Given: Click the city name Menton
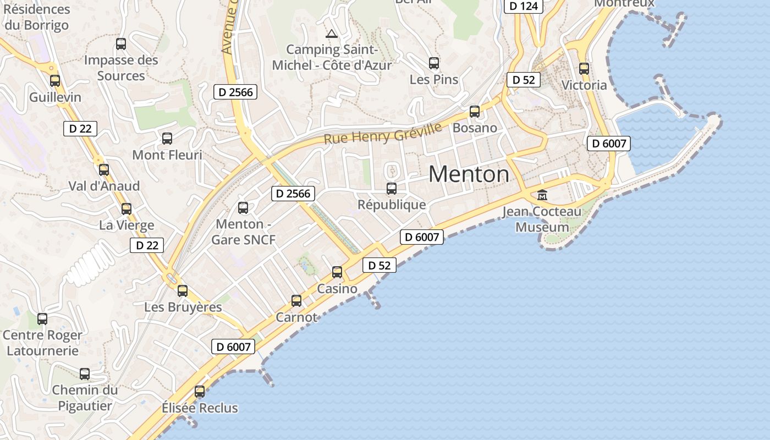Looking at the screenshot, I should click(x=469, y=174).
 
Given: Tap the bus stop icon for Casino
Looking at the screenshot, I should click(x=337, y=272).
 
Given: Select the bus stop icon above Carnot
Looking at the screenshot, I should click(x=296, y=301).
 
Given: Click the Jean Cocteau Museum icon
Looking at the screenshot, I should click(x=542, y=195).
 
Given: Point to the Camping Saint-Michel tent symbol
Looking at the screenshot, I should click(x=332, y=34).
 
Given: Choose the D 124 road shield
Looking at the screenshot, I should click(x=524, y=7).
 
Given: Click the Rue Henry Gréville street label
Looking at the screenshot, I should click(x=383, y=134).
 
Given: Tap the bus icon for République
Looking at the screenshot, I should click(x=392, y=189).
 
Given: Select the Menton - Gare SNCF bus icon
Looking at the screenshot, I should click(x=243, y=208).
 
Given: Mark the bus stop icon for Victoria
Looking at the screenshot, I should click(x=584, y=69).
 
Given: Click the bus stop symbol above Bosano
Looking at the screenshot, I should click(x=475, y=112).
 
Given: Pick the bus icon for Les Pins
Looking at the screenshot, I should click(x=434, y=63).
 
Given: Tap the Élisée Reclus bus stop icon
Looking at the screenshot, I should click(x=200, y=392).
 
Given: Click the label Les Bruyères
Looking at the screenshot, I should click(x=183, y=307).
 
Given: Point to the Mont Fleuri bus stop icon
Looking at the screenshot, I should click(x=167, y=139).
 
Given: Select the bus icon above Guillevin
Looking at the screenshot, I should click(x=55, y=81).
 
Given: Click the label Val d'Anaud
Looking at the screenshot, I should click(x=104, y=186).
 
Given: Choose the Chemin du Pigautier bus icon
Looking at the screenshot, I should click(x=85, y=374).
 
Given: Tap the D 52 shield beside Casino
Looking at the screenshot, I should click(x=380, y=265).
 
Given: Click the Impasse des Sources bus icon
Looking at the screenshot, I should click(x=121, y=44).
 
